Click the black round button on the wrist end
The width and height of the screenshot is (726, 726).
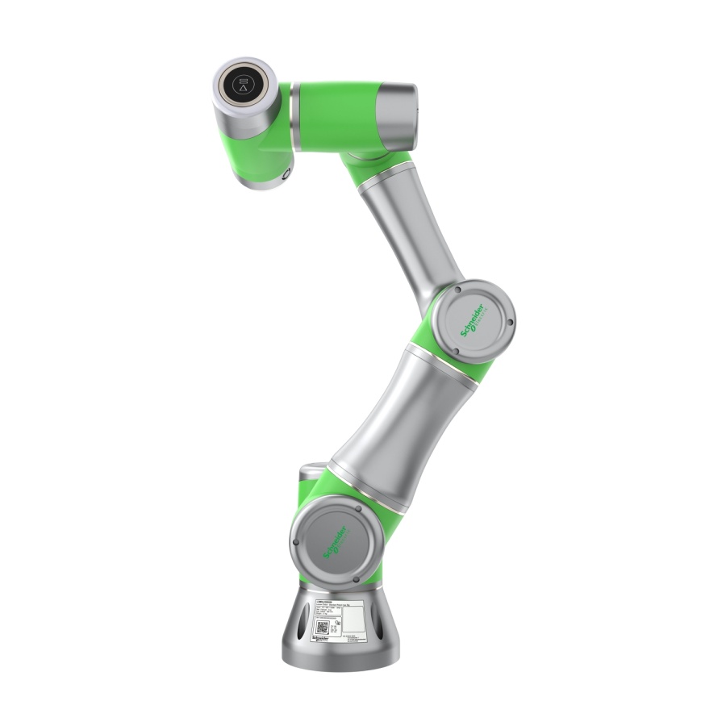pos(243,84)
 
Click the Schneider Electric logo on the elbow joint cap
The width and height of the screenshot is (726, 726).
pos(472,321)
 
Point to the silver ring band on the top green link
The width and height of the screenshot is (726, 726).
pos(295,117)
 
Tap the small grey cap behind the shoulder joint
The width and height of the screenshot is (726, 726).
pos(313,475)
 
